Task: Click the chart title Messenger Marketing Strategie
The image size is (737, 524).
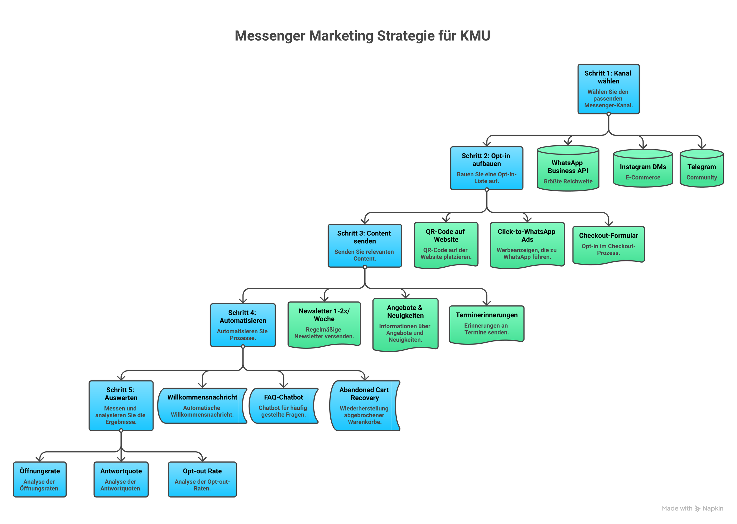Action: click(x=362, y=36)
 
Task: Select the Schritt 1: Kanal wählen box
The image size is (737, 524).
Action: click(x=608, y=89)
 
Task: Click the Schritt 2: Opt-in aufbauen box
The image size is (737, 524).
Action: click(x=486, y=168)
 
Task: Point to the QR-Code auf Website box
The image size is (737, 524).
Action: click(x=446, y=244)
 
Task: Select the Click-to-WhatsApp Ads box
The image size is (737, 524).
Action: click(x=527, y=244)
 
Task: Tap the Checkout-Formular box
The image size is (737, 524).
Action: click(x=608, y=244)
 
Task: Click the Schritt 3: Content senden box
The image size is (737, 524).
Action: click(x=365, y=246)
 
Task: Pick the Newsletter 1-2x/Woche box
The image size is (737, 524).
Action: click(x=324, y=324)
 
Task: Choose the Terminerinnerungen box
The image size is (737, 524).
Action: click(x=486, y=324)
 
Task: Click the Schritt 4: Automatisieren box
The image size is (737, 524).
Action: click(x=243, y=325)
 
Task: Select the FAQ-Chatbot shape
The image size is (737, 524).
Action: click(x=283, y=406)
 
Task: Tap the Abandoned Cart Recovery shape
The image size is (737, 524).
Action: click(x=364, y=406)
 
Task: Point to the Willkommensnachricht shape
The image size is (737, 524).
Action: click(x=202, y=406)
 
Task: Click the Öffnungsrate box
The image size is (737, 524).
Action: click(x=40, y=479)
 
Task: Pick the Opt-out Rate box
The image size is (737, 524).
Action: click(x=202, y=479)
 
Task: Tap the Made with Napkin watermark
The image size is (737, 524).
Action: click(x=692, y=509)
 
